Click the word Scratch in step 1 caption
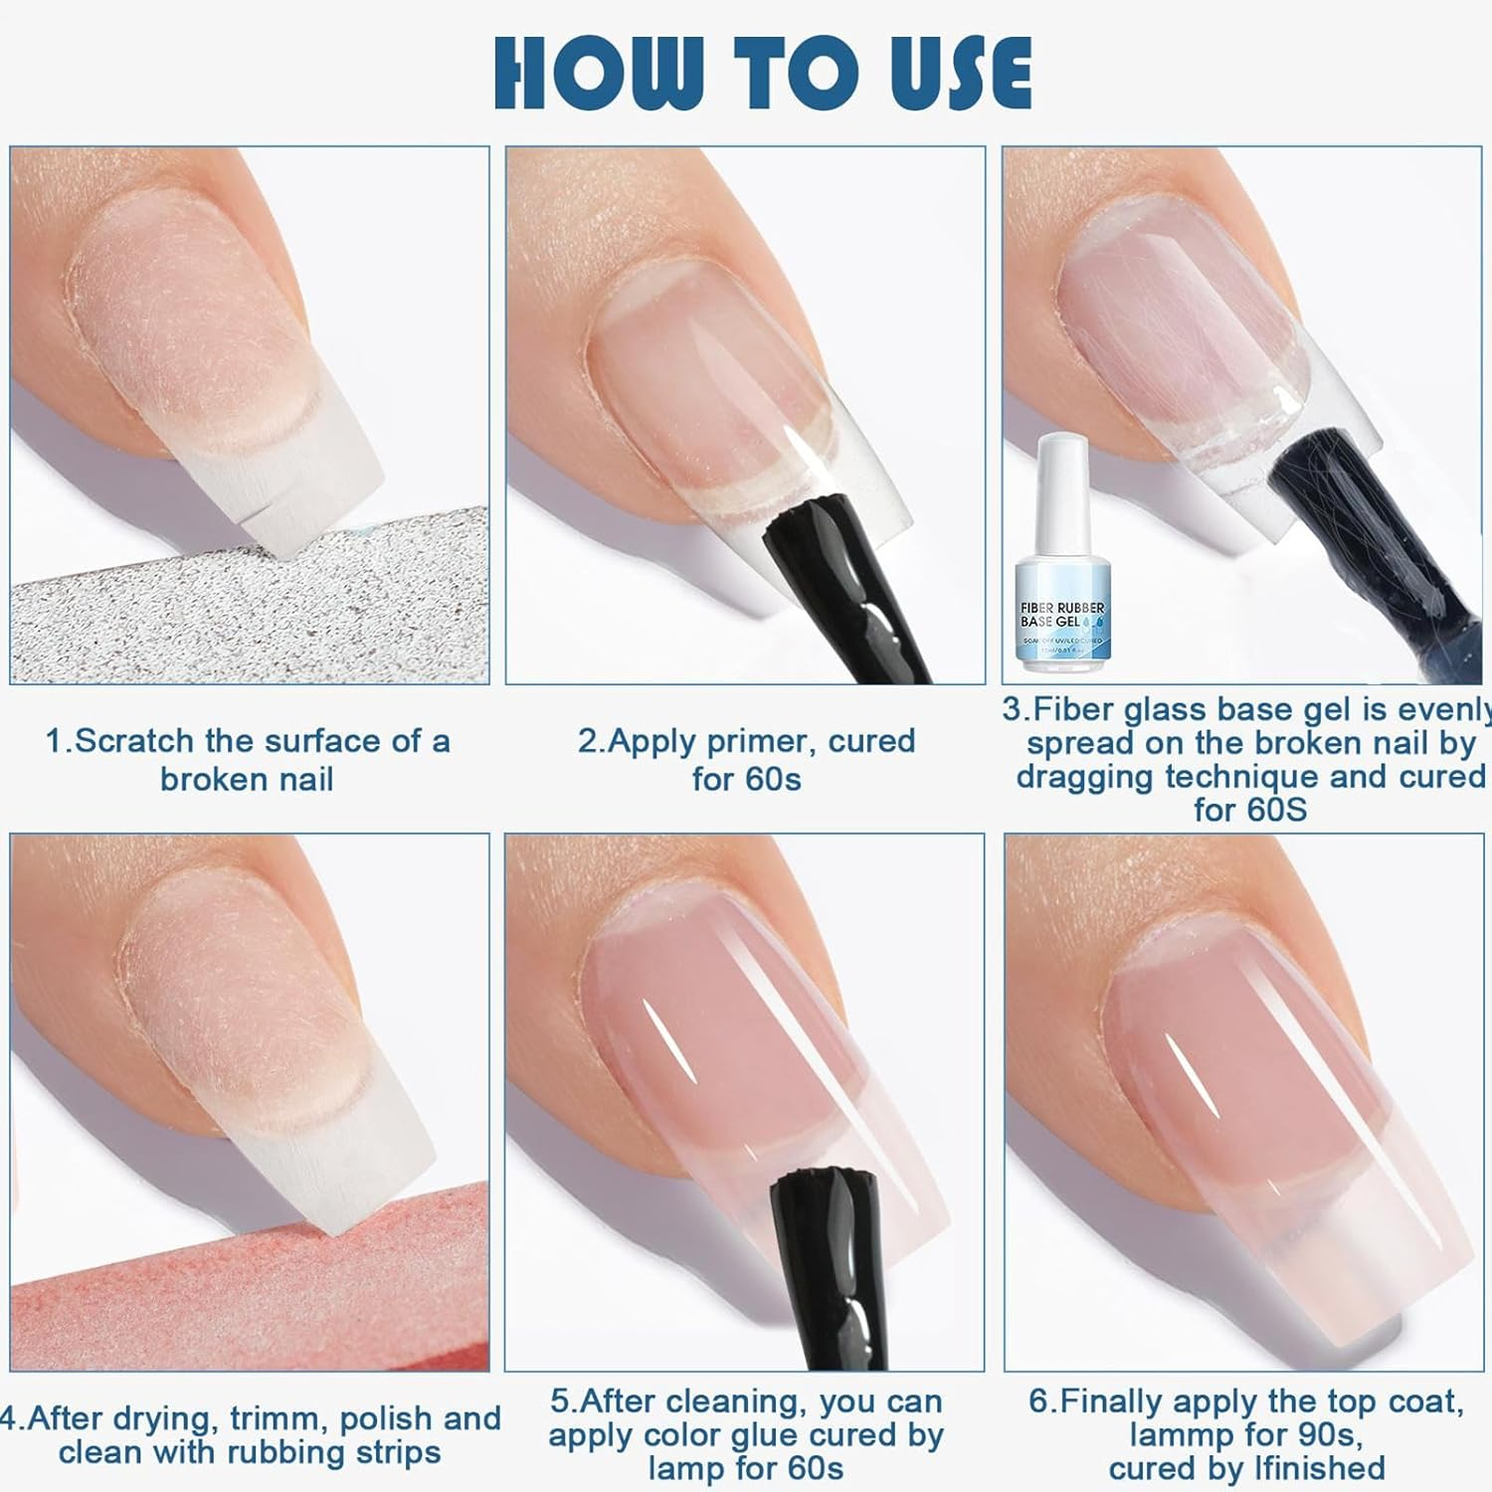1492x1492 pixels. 135,741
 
